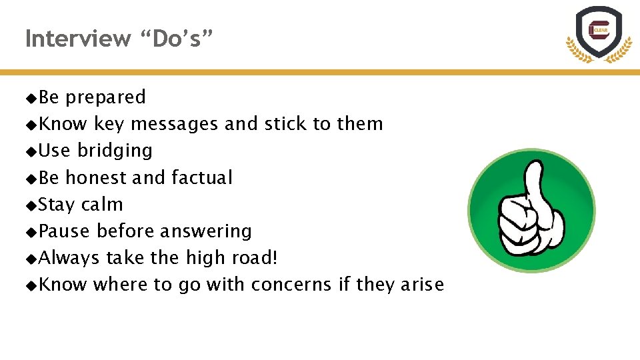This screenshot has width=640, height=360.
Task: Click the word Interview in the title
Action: point(77,39)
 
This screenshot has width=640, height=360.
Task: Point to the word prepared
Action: point(105,98)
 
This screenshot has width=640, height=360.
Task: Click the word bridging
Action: point(115,151)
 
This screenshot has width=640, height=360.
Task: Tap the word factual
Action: point(201,178)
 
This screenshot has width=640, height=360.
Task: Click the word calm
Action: point(102,205)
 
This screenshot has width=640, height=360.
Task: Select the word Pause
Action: point(64,231)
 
